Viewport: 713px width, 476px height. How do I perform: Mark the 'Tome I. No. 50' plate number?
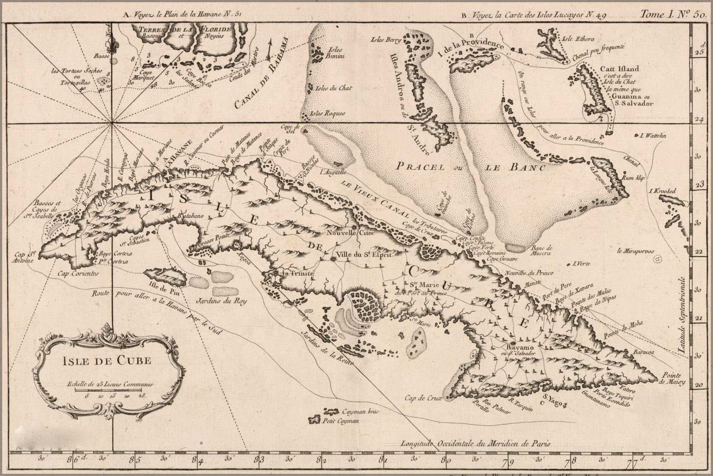(x=672, y=14)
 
